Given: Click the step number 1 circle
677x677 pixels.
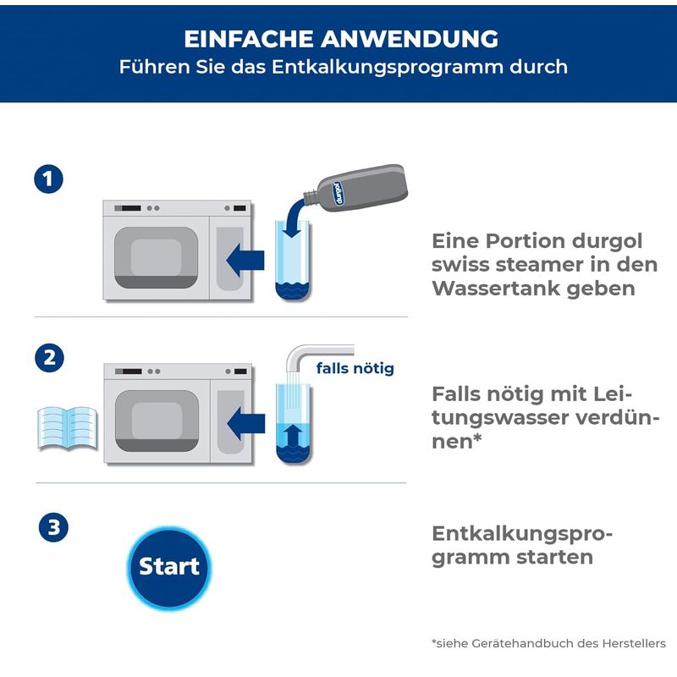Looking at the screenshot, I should coord(48,179).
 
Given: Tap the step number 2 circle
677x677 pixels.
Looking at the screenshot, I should coord(48,357).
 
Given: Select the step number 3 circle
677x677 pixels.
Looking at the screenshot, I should coord(52,528).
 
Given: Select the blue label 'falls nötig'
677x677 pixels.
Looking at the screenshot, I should coord(355,368).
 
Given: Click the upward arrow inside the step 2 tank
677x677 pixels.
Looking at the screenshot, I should coord(292,438).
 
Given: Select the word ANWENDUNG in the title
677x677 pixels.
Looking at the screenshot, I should coord(409,39).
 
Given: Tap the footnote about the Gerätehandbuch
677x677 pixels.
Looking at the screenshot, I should coord(548,644).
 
